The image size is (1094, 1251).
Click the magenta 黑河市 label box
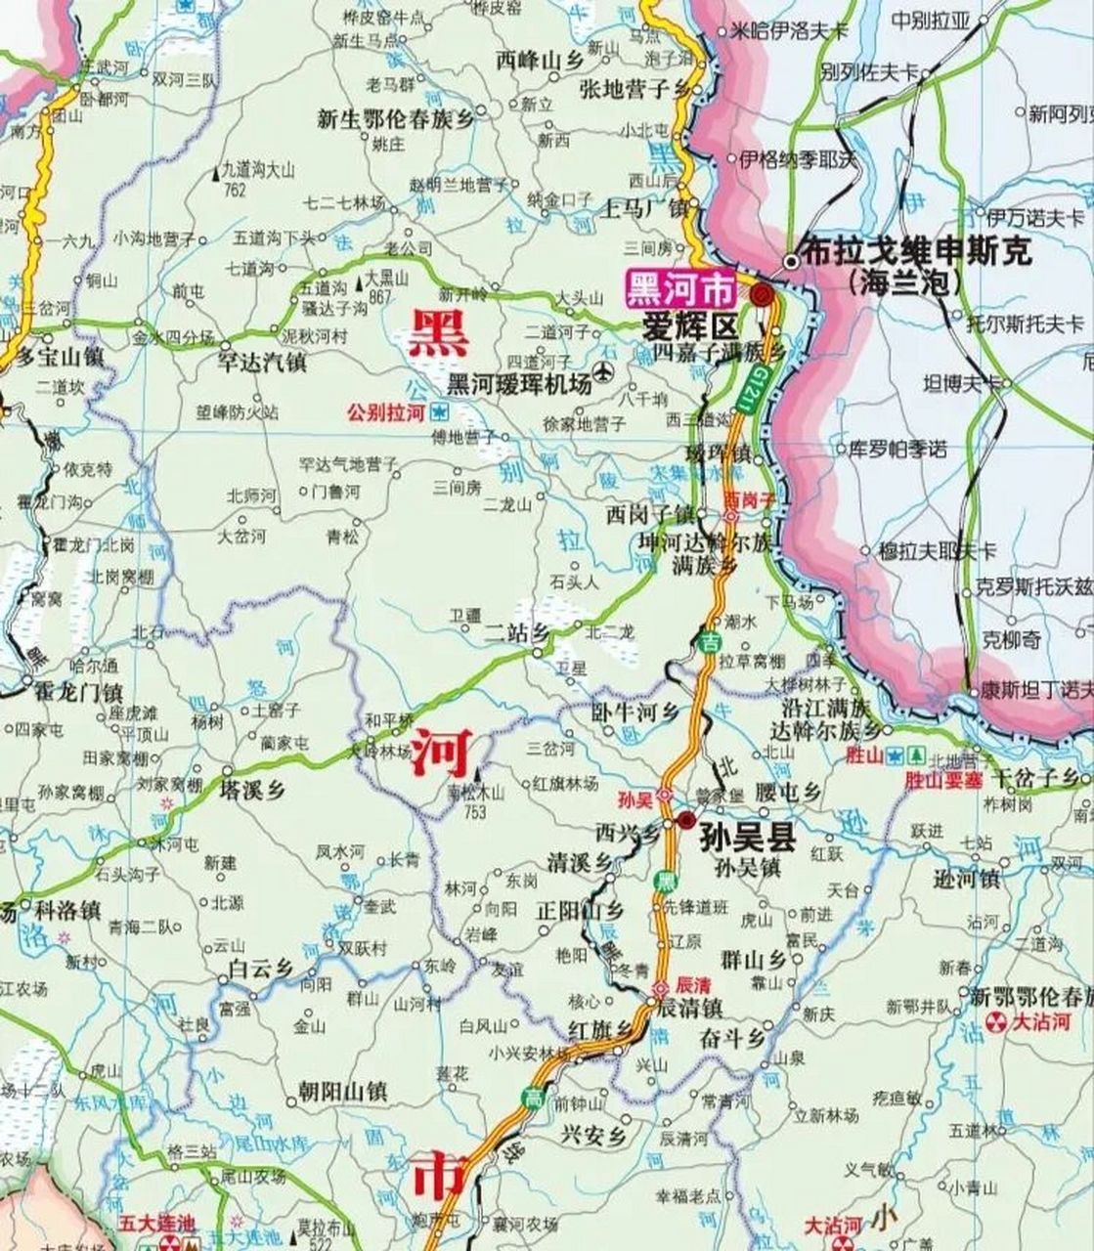pyautogui.click(x=680, y=289)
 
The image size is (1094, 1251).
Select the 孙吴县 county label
pyautogui.click(x=748, y=839)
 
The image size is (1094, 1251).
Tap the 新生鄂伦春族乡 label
pyautogui.click(x=394, y=120)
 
